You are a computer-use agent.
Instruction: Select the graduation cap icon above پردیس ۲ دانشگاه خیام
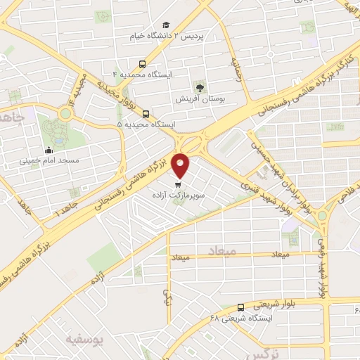pos(167,24)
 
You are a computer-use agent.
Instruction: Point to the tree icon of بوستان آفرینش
pos(200,89)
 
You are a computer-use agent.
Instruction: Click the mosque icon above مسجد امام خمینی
pos(48,149)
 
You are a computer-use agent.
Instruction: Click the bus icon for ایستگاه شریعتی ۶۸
pos(241,307)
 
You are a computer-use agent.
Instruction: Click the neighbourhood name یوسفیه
pos(84,340)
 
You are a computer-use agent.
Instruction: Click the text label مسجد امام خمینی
pos(48,160)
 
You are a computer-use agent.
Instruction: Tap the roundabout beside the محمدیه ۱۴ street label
pos(66,112)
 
